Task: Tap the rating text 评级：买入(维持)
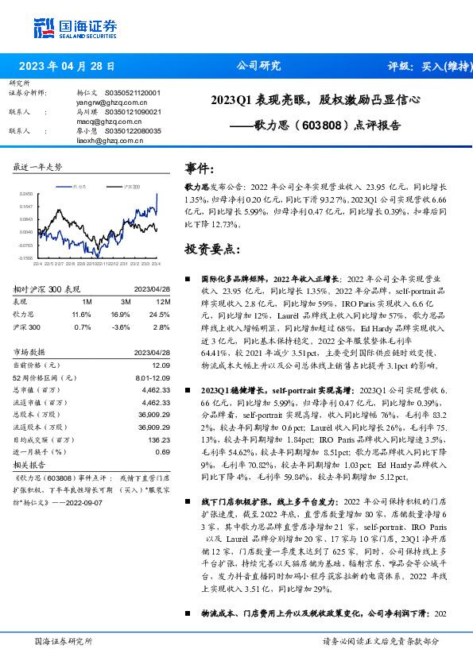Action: [429, 66]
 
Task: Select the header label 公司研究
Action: [259, 66]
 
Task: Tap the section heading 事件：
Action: [200, 168]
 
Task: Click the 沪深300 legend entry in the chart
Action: [129, 186]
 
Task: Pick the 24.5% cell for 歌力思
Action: [162, 315]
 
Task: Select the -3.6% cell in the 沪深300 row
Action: [122, 326]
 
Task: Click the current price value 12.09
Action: [161, 364]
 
